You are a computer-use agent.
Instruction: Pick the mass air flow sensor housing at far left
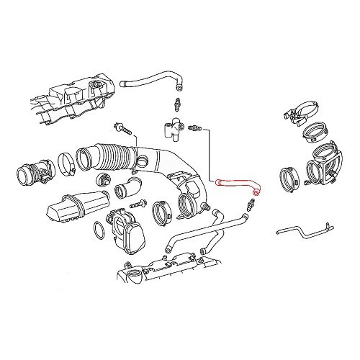click(x=32, y=174)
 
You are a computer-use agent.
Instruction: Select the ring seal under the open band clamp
click(x=313, y=132)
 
